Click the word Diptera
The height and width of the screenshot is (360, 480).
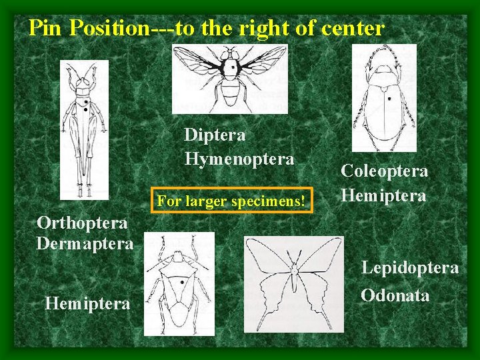click(x=215, y=135)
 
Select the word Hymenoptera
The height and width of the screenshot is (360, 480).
click(x=239, y=159)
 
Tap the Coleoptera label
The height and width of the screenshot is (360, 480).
click(x=384, y=171)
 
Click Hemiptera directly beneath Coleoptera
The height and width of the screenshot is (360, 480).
click(x=383, y=195)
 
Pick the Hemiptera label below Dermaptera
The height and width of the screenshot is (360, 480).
click(x=87, y=304)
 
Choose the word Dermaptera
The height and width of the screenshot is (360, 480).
click(x=85, y=243)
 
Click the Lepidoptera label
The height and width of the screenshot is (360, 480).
click(x=409, y=268)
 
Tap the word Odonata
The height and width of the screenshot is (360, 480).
click(x=395, y=295)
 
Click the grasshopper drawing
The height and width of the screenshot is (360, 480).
click(x=84, y=129)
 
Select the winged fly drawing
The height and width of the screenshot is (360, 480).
click(x=230, y=79)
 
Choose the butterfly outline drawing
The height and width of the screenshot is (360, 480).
click(x=293, y=284)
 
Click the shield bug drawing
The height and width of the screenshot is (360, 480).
click(x=179, y=283)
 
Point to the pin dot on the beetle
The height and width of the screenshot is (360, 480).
click(x=389, y=98)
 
